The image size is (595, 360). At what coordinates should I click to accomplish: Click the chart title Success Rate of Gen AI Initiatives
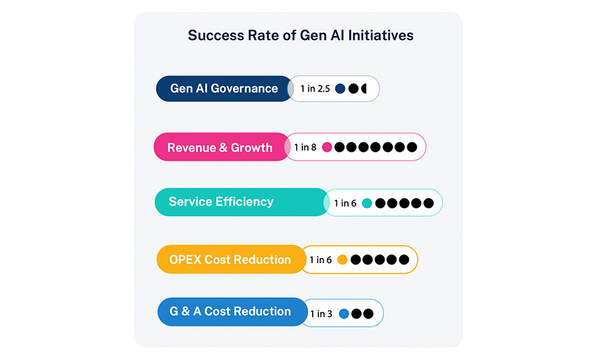[x=300, y=35]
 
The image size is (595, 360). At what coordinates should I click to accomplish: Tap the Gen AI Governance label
[x=224, y=89]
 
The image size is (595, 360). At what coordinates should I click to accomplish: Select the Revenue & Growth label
[x=220, y=147]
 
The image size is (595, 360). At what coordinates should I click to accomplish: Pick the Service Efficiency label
[x=221, y=201]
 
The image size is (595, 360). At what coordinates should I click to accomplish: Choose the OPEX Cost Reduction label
[x=230, y=260]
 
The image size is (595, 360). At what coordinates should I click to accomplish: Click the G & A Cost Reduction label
[x=230, y=312]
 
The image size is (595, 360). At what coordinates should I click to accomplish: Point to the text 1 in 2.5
[x=315, y=89]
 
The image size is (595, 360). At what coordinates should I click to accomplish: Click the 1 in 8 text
[x=305, y=147]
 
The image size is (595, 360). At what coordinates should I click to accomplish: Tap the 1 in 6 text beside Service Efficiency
[x=345, y=204]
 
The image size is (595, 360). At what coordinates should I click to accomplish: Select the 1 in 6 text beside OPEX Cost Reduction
[x=320, y=260]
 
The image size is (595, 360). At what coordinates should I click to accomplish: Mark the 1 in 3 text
[x=321, y=314]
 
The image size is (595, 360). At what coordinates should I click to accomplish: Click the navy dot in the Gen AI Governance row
[x=340, y=89]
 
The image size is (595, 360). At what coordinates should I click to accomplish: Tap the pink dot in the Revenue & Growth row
[x=327, y=147]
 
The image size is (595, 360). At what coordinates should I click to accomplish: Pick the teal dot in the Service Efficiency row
[x=367, y=204]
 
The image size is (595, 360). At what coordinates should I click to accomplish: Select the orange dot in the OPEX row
[x=342, y=260]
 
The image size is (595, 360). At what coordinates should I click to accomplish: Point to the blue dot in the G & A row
[x=344, y=314]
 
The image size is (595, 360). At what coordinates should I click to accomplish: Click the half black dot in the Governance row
[x=364, y=89]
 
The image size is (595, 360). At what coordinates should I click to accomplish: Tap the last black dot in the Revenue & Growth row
[x=412, y=147]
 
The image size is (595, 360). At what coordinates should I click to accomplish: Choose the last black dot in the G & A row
[x=369, y=314]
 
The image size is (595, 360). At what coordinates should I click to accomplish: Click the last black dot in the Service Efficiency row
[x=429, y=204]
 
